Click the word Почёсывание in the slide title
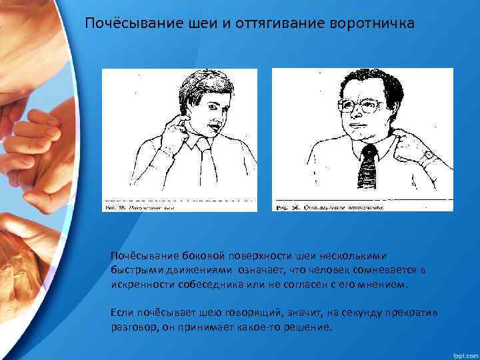(x=127, y=24)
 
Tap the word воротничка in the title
(x=371, y=24)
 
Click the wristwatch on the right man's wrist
(x=428, y=157)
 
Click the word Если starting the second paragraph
(x=122, y=313)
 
